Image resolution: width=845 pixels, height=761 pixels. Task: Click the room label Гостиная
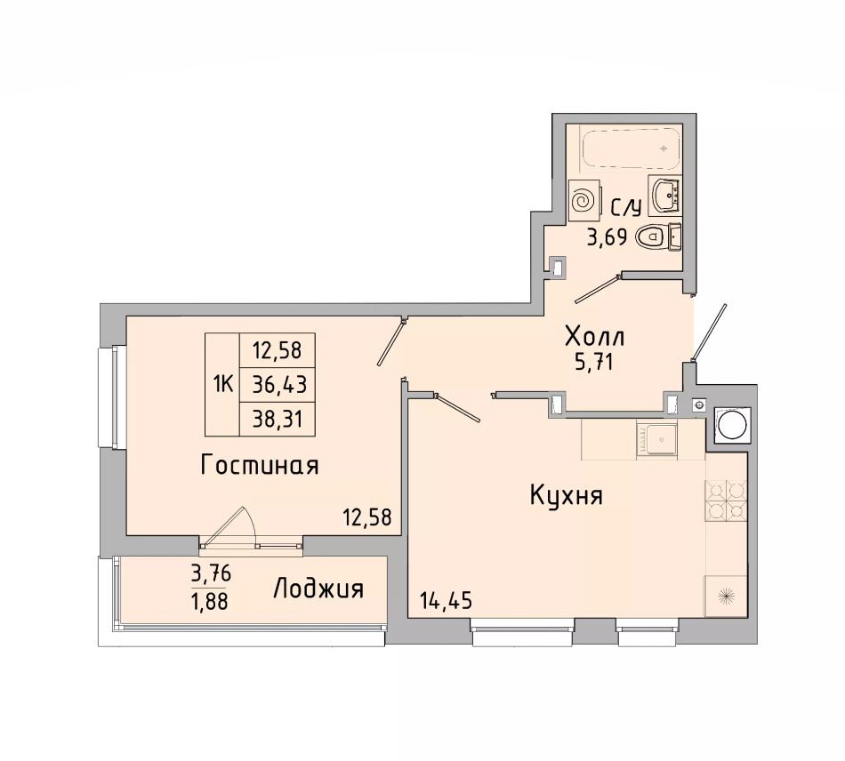[x=259, y=465]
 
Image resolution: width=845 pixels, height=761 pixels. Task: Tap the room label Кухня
[x=567, y=495]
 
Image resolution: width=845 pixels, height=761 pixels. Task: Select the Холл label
[x=594, y=337]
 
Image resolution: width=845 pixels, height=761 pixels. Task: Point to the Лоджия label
[x=318, y=589]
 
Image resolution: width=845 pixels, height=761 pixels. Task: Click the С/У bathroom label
[x=625, y=207]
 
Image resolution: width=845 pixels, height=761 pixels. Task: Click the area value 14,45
[x=446, y=600]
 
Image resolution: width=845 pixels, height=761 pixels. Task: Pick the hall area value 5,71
[x=594, y=363]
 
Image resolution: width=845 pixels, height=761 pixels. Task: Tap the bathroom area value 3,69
[x=607, y=236]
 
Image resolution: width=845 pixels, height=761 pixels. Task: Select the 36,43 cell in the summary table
[x=277, y=385]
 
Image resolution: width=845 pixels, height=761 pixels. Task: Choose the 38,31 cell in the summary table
[x=277, y=419]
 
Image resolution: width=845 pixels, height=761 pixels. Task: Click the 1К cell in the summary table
[x=222, y=385]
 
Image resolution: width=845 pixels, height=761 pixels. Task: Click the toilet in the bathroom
[x=658, y=236]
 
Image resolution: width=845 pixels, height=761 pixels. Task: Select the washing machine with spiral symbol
[x=584, y=200]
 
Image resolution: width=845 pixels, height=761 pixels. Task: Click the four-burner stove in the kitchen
[x=725, y=501]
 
